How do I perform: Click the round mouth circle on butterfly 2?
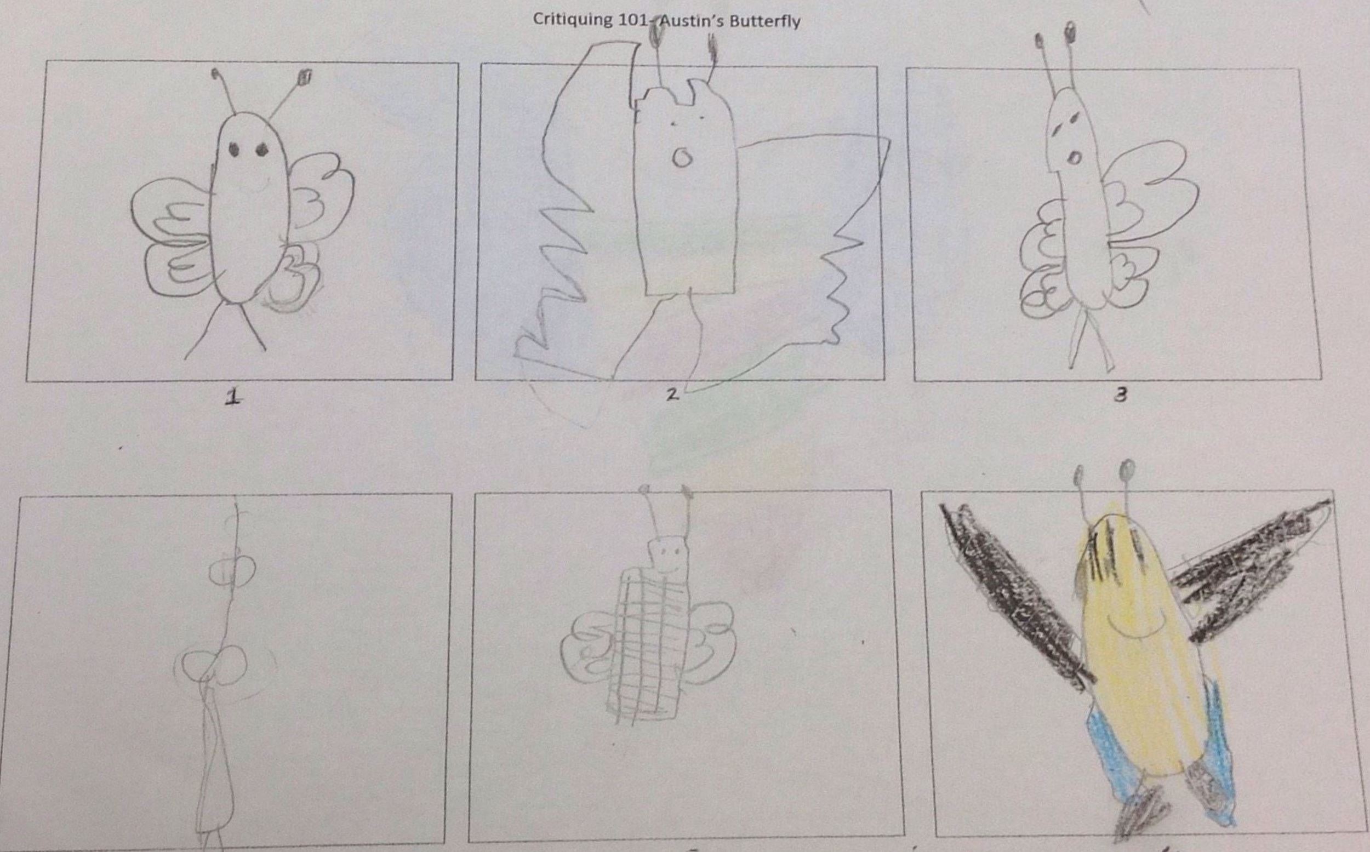682,157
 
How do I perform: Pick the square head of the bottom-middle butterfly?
668,558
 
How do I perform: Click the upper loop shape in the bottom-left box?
232,573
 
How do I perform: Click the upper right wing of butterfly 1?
322,186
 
